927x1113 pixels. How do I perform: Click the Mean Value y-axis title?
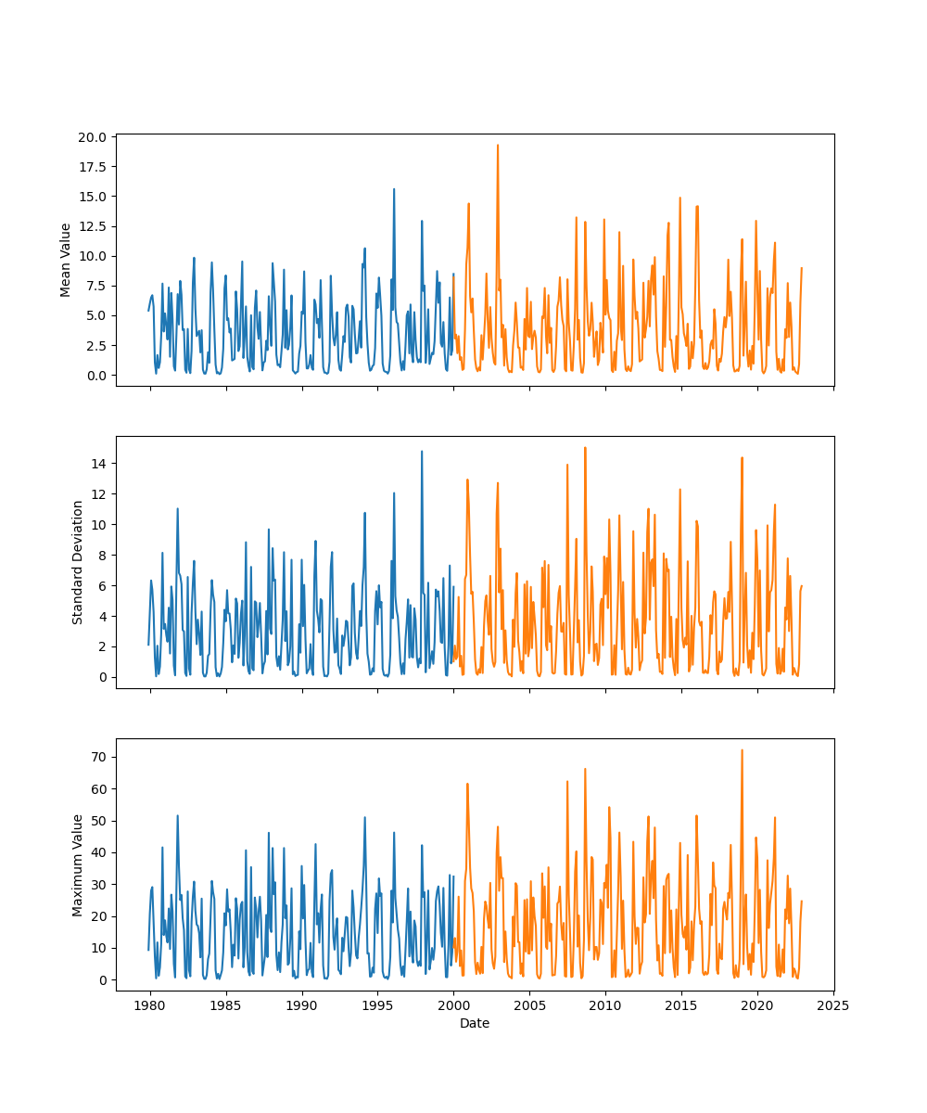[x=66, y=260]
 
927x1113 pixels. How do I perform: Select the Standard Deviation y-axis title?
[x=78, y=562]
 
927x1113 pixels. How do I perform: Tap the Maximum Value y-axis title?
[x=78, y=864]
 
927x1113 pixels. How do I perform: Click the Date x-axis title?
[x=475, y=1023]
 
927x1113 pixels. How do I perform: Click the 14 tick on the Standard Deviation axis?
[x=100, y=463]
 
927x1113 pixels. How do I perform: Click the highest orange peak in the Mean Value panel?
[x=497, y=146]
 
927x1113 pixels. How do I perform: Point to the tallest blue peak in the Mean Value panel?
[x=394, y=189]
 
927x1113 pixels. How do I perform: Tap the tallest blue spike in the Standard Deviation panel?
[x=422, y=452]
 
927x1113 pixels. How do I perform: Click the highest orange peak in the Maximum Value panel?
[x=742, y=750]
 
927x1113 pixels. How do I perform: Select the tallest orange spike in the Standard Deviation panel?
[x=585, y=448]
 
